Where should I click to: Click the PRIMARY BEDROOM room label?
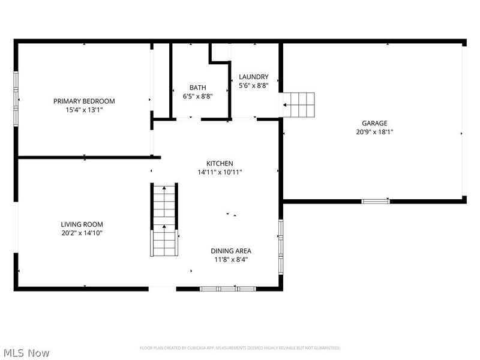click(x=84, y=101)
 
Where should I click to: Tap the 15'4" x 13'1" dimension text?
click(x=84, y=110)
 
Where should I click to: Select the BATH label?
click(x=197, y=87)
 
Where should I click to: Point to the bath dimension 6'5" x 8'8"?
click(x=197, y=96)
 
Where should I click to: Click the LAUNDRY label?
click(x=253, y=77)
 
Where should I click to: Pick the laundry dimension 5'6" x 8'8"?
click(x=253, y=86)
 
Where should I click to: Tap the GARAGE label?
click(x=374, y=123)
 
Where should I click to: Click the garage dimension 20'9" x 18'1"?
click(x=374, y=132)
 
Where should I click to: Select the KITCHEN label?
click(x=220, y=163)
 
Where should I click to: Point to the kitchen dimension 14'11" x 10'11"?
click(x=220, y=172)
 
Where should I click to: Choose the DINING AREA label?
click(x=231, y=251)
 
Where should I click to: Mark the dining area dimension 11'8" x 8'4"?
click(x=231, y=260)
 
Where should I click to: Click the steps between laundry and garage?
click(x=299, y=105)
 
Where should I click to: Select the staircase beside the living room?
click(x=164, y=220)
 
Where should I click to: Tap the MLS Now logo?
click(x=26, y=353)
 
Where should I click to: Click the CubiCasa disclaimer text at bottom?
click(x=240, y=348)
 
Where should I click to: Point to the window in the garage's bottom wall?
click(x=376, y=202)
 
